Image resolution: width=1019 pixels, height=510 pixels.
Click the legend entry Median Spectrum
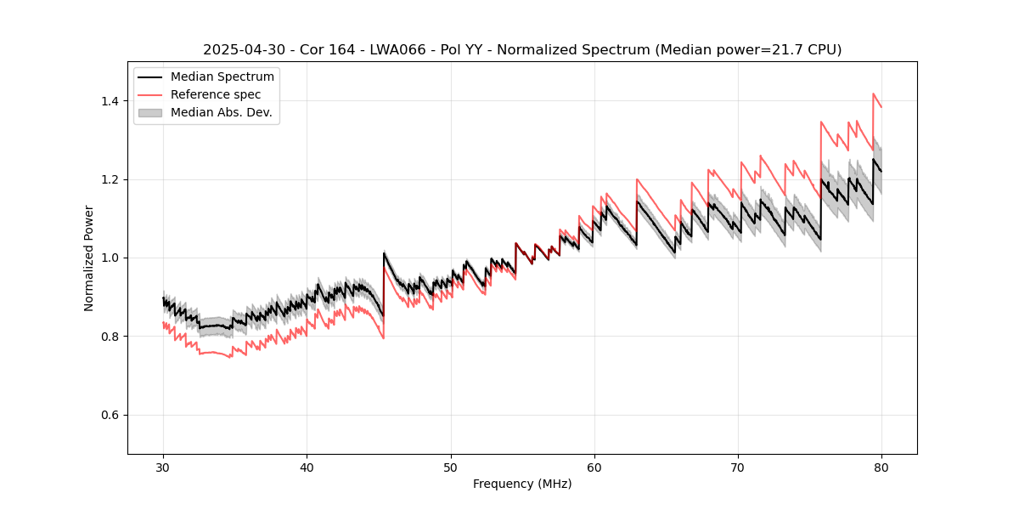pos(222,77)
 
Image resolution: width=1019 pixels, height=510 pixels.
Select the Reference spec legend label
pos(216,94)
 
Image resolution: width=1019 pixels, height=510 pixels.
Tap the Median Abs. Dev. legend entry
pos(221,112)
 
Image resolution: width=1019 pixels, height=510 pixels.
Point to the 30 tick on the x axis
pos(164,467)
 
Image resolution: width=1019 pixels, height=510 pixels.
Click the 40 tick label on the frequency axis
pos(307,467)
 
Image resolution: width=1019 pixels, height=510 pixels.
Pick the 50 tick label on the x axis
pos(451,467)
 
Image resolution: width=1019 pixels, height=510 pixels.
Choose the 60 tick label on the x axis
pos(594,467)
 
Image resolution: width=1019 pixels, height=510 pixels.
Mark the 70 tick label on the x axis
pos(738,467)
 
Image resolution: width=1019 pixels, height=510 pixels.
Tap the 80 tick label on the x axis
pos(881,467)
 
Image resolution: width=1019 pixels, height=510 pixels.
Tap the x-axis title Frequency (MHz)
pos(522,484)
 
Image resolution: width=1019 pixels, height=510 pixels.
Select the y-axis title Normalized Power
pos(89,258)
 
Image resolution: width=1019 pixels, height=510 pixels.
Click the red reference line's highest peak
pos(873,93)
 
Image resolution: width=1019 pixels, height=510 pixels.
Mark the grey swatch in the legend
pos(150,112)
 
